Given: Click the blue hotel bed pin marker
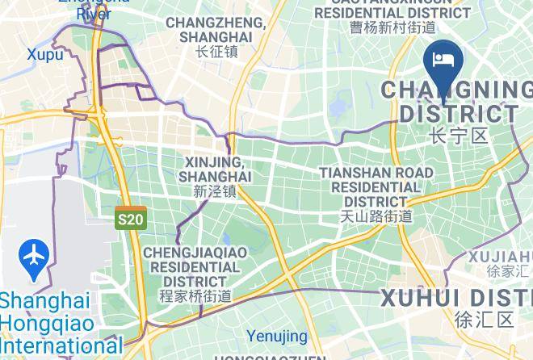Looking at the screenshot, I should (443, 61).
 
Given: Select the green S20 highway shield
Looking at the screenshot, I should (130, 219).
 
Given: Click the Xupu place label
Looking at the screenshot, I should (44, 54).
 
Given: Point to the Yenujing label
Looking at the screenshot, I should (277, 336).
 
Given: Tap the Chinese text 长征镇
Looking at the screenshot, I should (216, 52).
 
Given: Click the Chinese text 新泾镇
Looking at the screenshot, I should (215, 191).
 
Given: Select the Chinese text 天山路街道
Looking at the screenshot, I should (376, 216).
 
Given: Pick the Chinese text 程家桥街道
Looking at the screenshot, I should (195, 296).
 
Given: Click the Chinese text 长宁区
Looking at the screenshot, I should (459, 135).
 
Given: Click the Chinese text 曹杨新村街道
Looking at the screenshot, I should (392, 27).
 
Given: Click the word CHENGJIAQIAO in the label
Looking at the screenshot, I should (195, 253).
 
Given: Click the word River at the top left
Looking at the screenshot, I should (94, 14).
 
